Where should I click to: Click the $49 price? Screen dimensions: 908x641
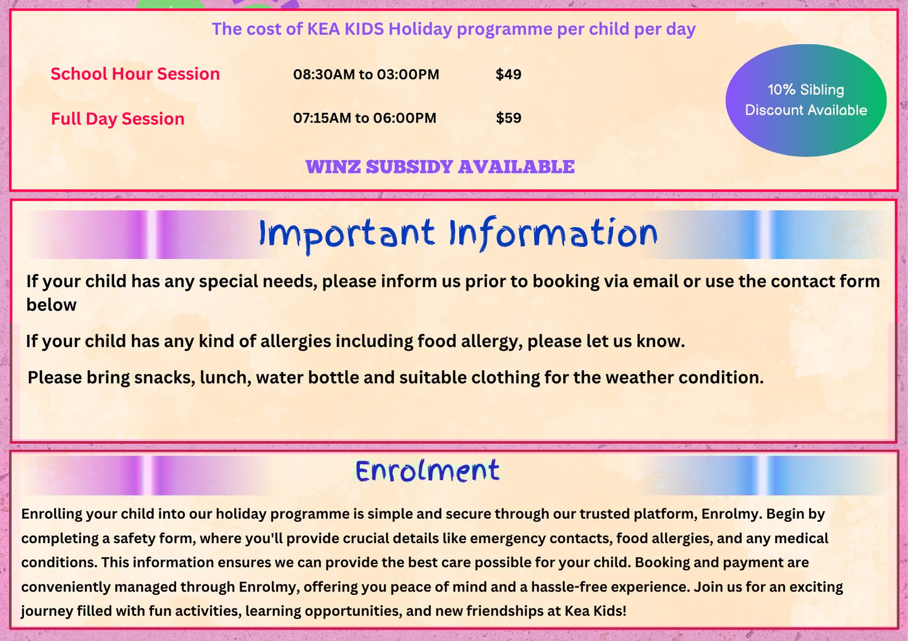tap(508, 74)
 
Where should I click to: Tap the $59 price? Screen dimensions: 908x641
tap(508, 118)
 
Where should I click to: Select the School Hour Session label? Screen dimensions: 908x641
tap(135, 74)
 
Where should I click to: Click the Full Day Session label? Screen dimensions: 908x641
tap(117, 119)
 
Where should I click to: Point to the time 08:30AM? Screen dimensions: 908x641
tap(324, 74)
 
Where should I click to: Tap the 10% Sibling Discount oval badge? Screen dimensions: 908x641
tap(806, 100)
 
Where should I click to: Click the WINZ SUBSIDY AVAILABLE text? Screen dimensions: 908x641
tap(440, 167)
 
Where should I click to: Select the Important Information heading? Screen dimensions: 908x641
tap(458, 235)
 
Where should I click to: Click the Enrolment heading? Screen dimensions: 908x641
tap(428, 471)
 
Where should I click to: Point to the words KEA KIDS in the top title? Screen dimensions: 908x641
tap(346, 29)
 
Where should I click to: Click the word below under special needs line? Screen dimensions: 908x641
tap(51, 305)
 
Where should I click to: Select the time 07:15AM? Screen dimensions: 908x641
tap(322, 118)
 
